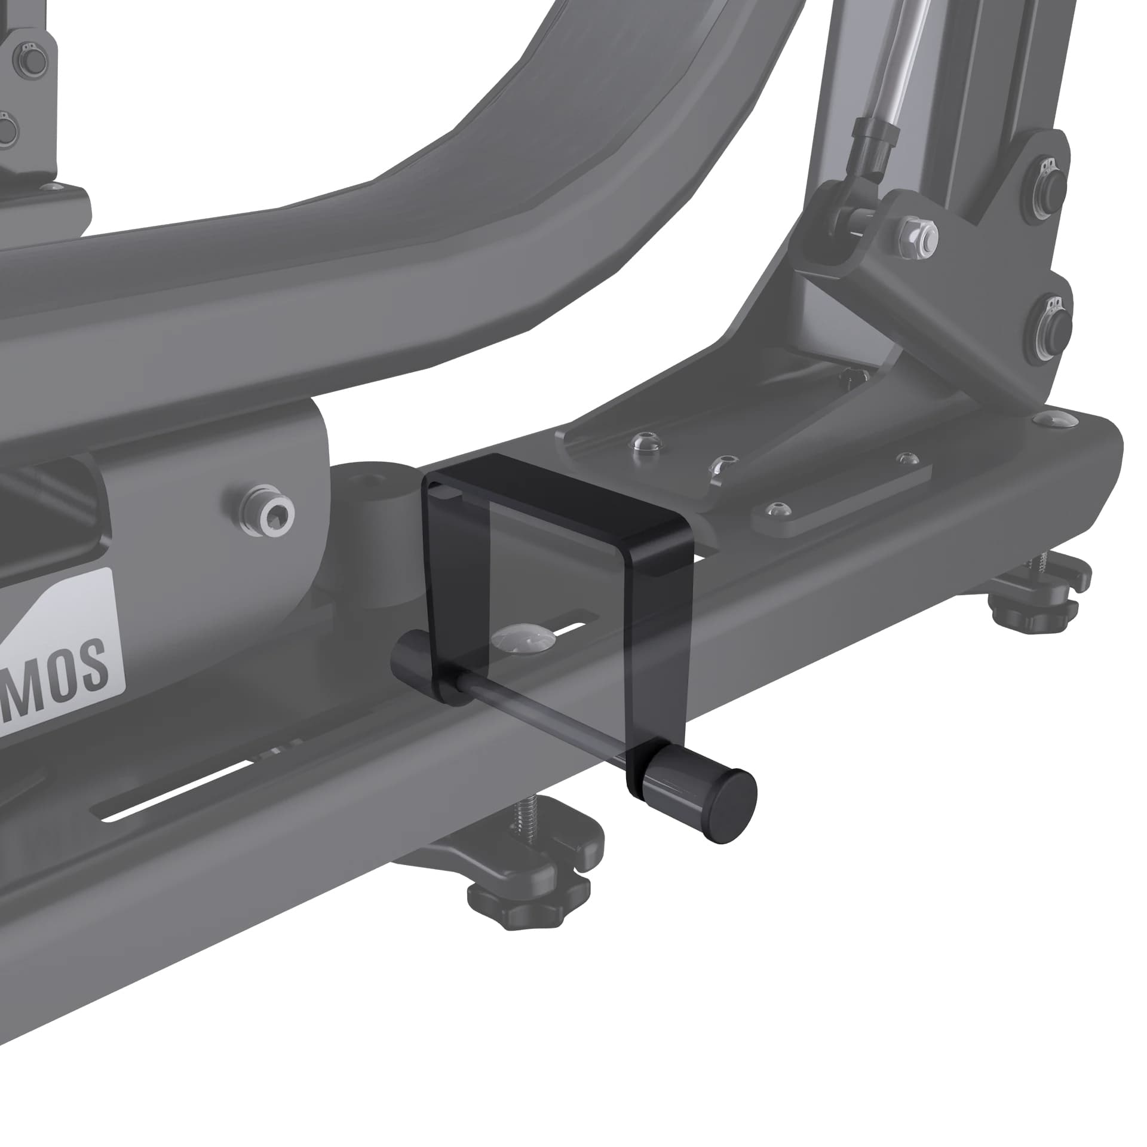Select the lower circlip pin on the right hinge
pos(1052,323)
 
